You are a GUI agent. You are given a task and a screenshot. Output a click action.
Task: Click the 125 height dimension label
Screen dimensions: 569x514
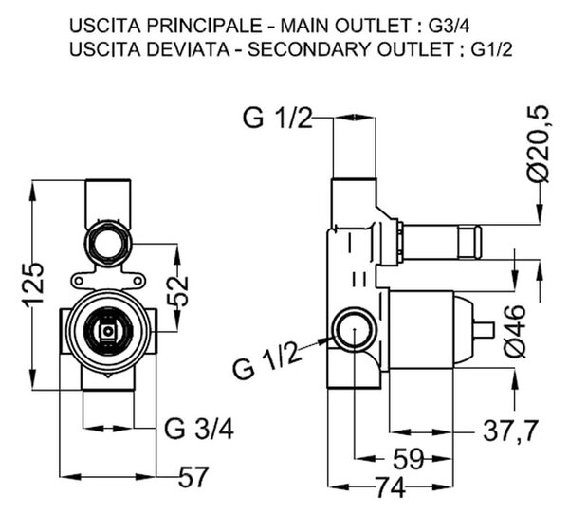point(35,285)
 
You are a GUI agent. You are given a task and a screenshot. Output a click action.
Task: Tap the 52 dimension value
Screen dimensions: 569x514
point(178,291)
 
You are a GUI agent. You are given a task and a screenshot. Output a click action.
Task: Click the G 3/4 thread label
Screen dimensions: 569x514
point(199,429)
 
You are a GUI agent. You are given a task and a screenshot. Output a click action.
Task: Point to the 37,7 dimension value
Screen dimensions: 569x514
point(511,431)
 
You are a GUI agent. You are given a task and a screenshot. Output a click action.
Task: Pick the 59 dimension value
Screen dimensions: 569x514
point(408,459)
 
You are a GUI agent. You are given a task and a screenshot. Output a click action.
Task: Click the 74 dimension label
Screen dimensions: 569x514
point(390,487)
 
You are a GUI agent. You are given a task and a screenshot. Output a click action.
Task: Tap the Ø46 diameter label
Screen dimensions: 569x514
point(515,331)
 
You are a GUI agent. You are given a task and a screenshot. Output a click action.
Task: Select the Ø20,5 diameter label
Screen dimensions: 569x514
point(539,144)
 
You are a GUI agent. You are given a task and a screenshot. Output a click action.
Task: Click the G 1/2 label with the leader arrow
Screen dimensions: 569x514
point(267,360)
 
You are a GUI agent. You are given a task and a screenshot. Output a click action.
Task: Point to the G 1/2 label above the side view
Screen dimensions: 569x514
point(277,117)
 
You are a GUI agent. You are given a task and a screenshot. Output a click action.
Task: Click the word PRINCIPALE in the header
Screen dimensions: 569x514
point(201,26)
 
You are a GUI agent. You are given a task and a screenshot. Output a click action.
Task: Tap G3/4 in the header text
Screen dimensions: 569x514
point(449,26)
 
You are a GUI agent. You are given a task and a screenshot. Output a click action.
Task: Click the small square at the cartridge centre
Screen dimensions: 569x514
point(108,331)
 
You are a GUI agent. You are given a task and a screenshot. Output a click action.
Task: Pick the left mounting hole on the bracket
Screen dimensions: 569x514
point(78,281)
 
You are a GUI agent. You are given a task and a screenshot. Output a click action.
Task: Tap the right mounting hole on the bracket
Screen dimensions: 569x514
point(138,281)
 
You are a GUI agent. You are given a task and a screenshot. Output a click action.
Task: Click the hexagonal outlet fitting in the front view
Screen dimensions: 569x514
point(108,243)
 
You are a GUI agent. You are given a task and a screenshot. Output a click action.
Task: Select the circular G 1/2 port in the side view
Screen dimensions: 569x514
point(355,329)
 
